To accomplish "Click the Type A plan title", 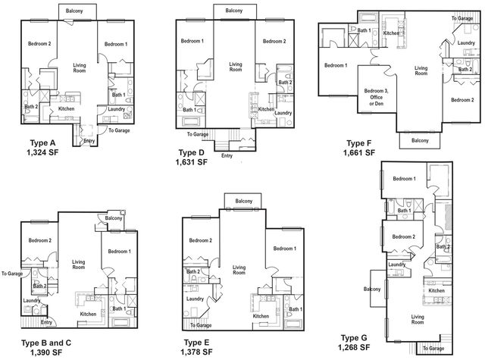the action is [x=42, y=143].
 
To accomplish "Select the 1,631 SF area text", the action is [x=192, y=162].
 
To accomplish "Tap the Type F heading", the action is [x=358, y=143].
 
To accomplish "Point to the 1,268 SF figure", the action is [x=354, y=347].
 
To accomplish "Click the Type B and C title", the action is [x=46, y=343].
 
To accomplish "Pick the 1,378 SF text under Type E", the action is [x=197, y=352].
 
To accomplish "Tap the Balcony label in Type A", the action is [x=74, y=11].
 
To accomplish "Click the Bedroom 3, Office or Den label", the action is [x=376, y=97].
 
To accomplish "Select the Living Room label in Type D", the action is [x=236, y=67].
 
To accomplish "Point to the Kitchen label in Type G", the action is [x=436, y=290].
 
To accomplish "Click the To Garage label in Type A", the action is [x=119, y=130].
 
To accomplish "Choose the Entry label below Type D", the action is [x=227, y=155].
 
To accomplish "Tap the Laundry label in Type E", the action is [x=195, y=299].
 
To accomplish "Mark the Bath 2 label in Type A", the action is [x=31, y=106].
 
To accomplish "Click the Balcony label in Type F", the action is [x=420, y=140].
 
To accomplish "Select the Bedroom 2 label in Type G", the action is [x=404, y=236].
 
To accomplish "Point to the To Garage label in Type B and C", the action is [x=12, y=274].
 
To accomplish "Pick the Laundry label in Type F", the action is [x=466, y=42].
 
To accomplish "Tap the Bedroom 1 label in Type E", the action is [x=285, y=249].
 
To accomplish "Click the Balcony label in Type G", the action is [x=372, y=289].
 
